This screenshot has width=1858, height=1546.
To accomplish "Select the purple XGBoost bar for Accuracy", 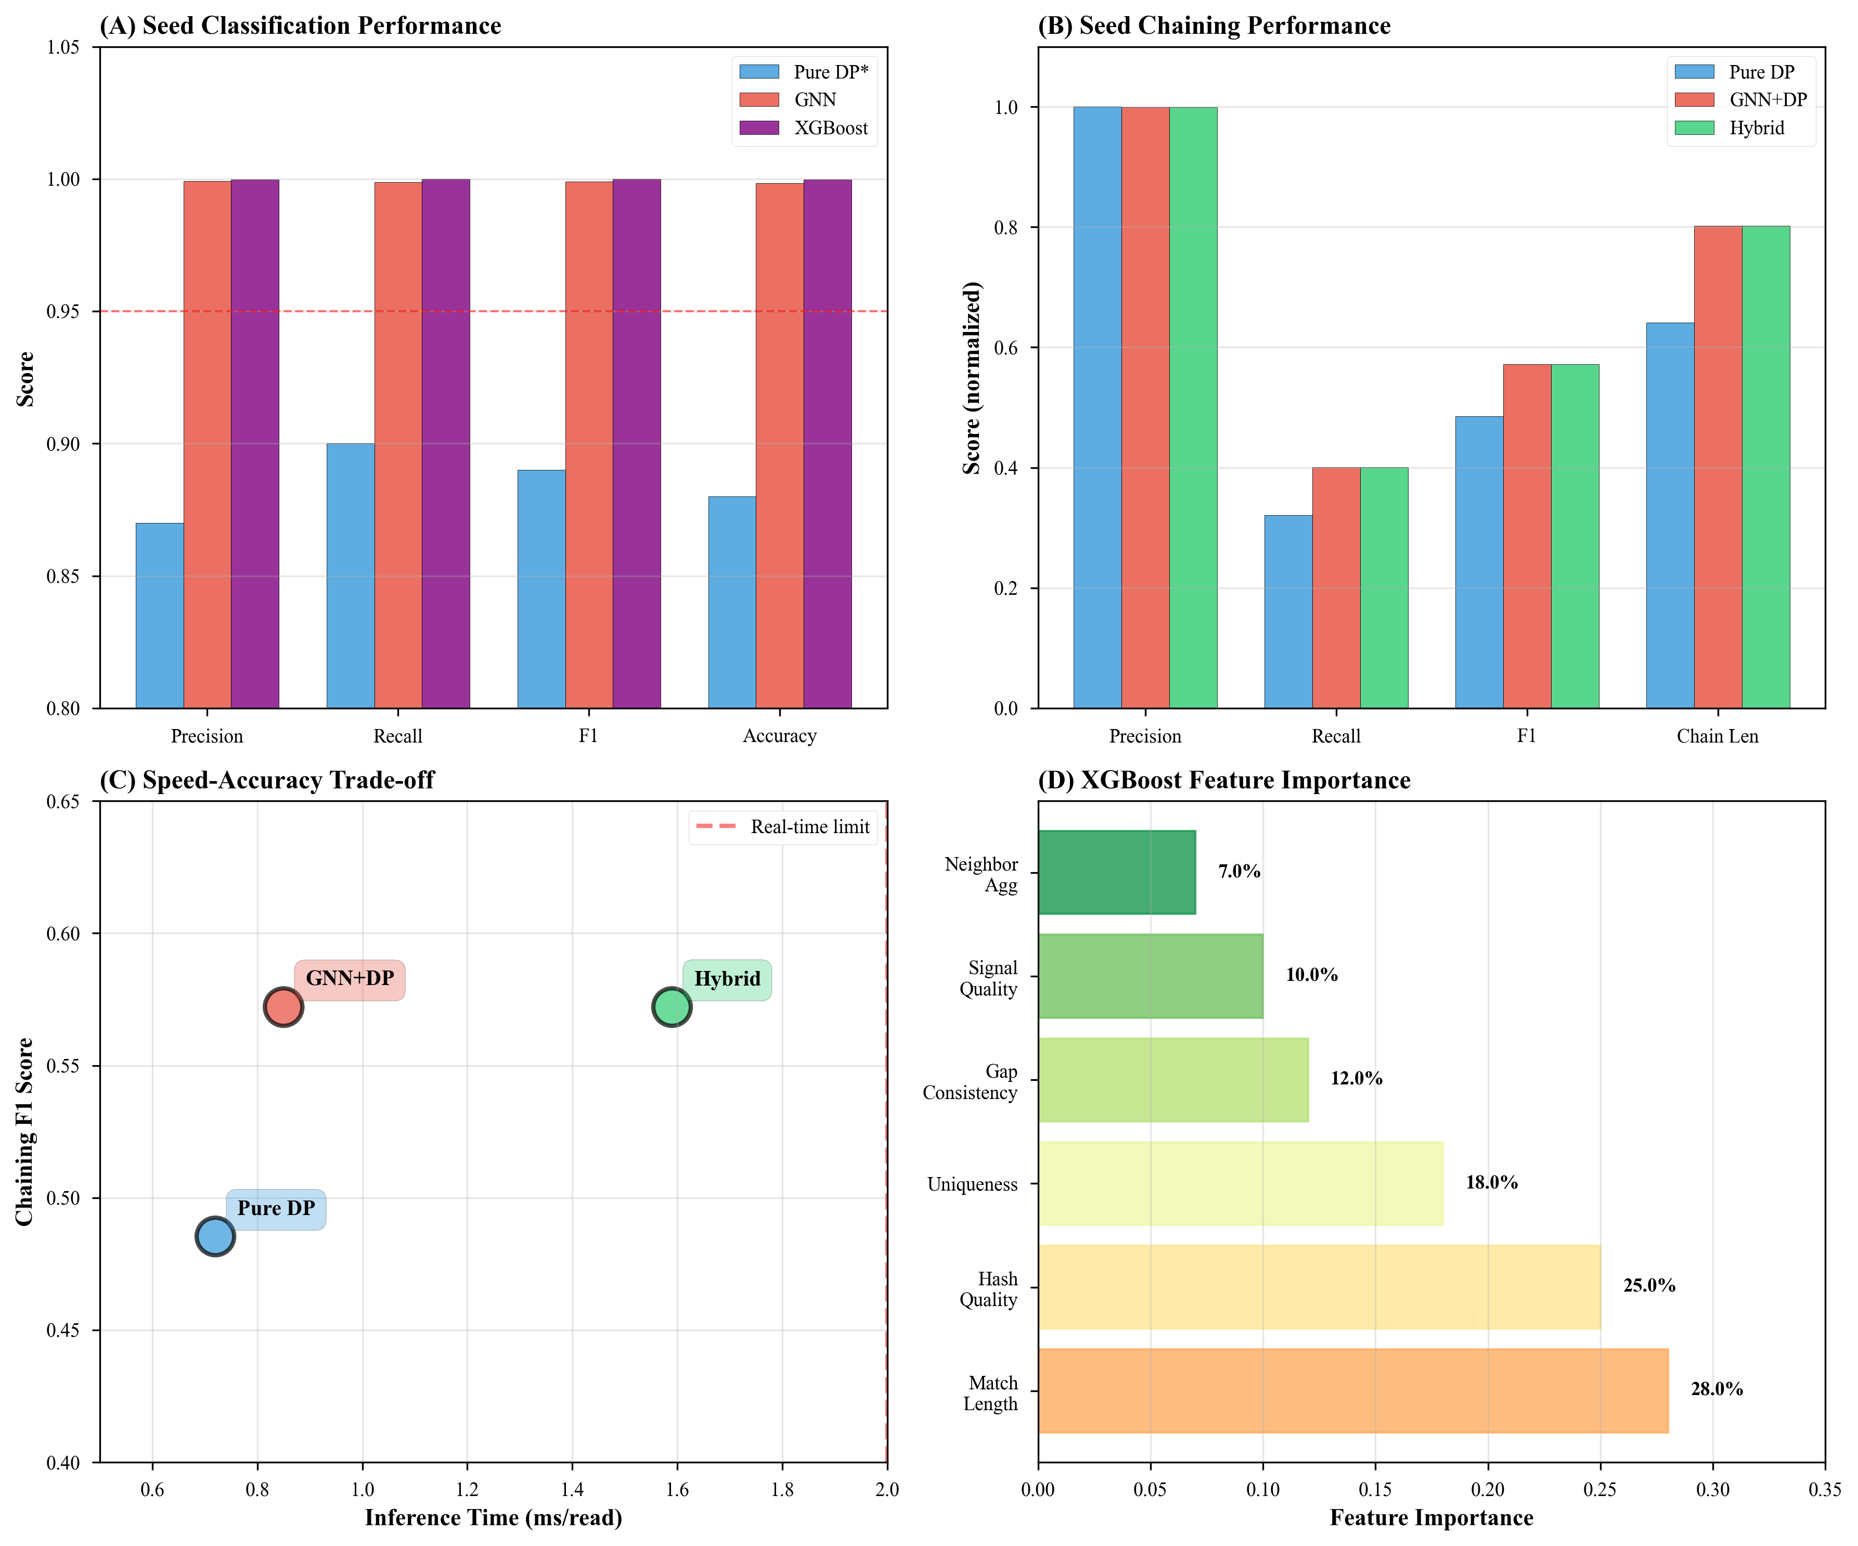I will (x=827, y=442).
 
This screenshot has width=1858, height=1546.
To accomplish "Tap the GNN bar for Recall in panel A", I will (x=398, y=442).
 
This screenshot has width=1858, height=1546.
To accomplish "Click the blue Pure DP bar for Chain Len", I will (x=1670, y=515).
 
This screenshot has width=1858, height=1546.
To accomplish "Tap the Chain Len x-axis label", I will (x=1718, y=736).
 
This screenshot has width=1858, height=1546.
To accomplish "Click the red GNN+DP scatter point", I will (x=283, y=1007).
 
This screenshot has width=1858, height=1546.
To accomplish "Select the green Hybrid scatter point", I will (x=672, y=1007).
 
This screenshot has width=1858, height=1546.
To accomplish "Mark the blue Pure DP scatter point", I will (x=215, y=1236).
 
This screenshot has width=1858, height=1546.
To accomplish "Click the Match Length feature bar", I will (x=1353, y=1390).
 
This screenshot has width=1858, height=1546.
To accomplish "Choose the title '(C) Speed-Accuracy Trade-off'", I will (x=267, y=781).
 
